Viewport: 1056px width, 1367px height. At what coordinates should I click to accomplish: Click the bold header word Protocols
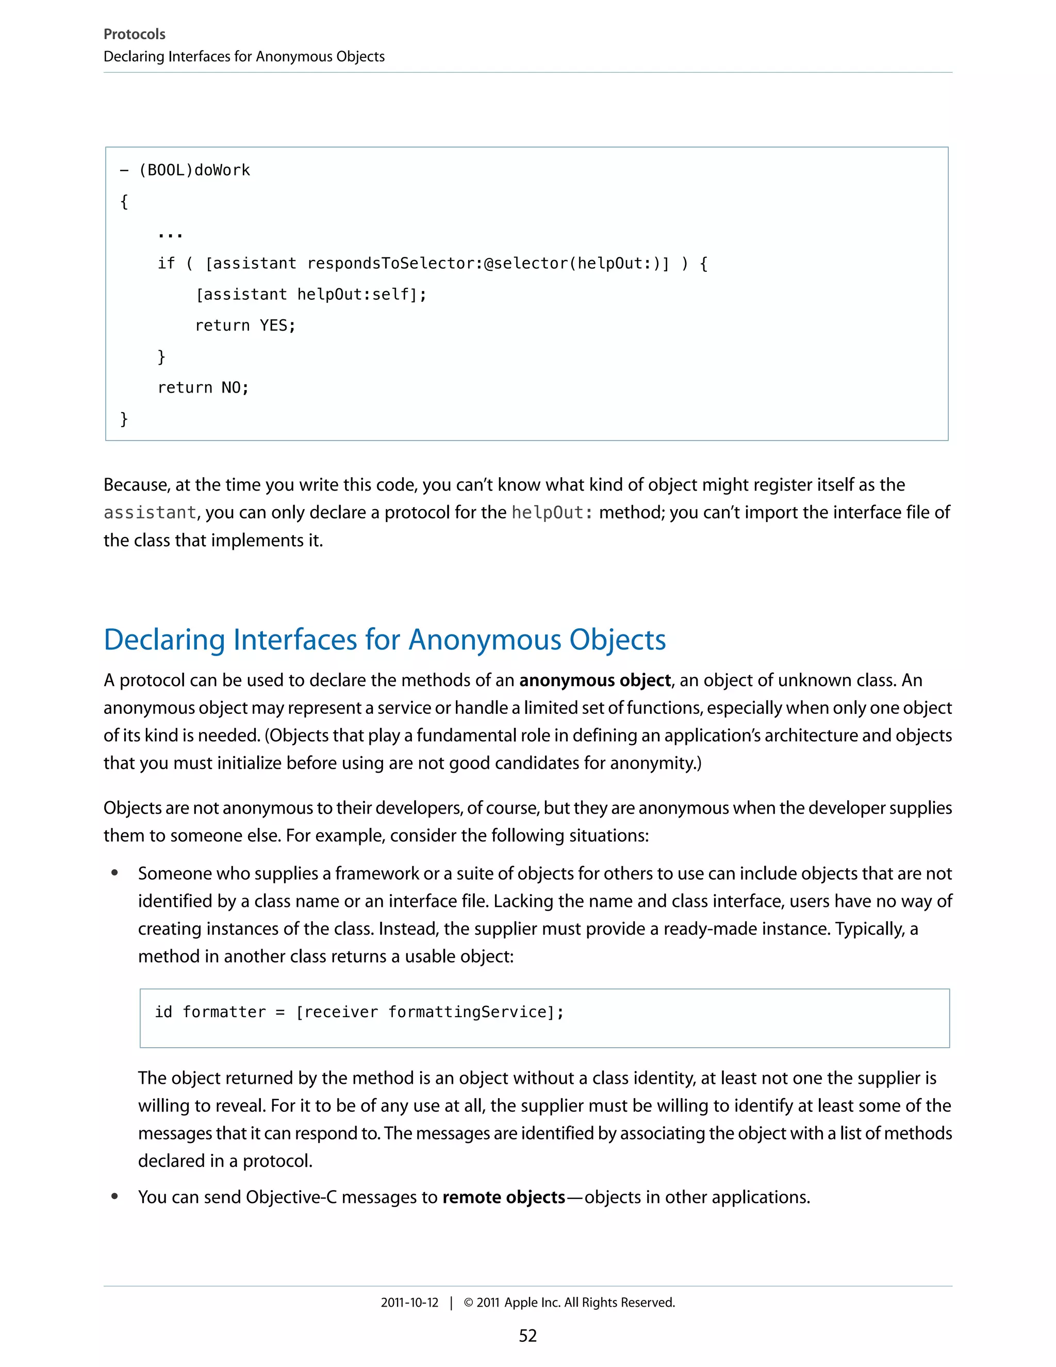(134, 35)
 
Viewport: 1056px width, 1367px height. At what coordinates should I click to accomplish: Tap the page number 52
(527, 1336)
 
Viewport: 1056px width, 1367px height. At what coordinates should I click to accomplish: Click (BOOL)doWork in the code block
(194, 170)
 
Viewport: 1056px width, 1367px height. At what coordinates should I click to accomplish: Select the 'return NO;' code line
(203, 387)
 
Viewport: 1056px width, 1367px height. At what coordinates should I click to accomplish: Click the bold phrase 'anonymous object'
(595, 680)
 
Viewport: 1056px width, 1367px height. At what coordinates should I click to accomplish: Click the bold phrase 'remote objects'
(504, 1197)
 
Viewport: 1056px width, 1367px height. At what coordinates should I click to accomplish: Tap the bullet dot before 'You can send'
(114, 1196)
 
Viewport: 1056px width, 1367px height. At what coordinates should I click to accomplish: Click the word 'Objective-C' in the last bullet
(291, 1197)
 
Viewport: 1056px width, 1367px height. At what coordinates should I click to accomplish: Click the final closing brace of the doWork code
(124, 418)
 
